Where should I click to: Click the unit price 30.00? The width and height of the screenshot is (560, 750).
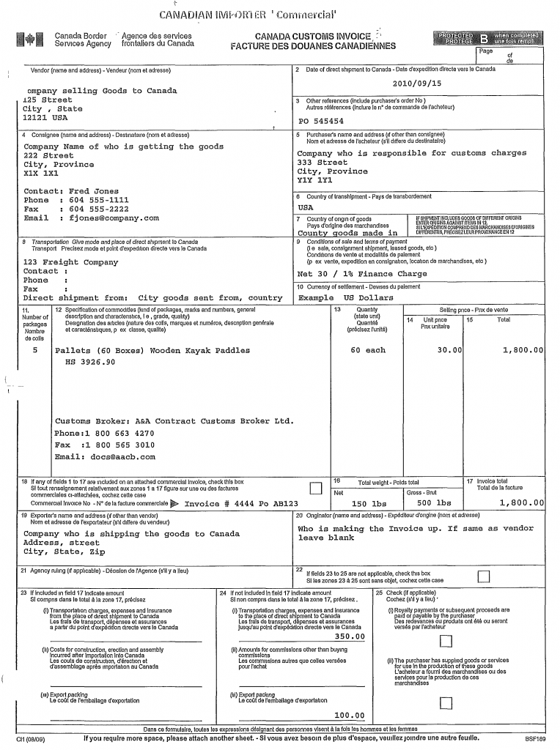(449, 350)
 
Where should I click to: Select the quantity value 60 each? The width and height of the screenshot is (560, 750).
(367, 350)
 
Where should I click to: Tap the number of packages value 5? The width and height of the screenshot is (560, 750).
(35, 350)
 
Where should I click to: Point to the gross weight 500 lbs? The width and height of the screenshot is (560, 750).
(434, 503)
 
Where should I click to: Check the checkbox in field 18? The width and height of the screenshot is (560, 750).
(315, 488)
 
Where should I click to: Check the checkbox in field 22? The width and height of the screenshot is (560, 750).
(483, 576)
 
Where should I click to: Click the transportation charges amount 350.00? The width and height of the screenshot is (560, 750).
(350, 636)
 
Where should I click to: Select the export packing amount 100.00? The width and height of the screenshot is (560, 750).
(350, 716)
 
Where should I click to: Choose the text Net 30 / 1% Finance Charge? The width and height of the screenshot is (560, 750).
(361, 274)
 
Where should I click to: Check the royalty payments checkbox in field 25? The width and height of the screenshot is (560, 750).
(446, 642)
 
